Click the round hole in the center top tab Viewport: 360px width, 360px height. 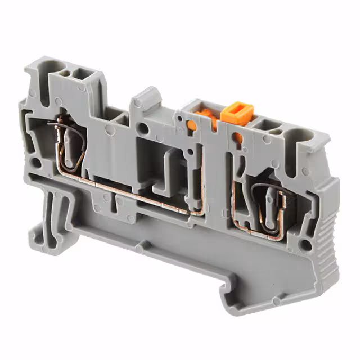[x=144, y=129]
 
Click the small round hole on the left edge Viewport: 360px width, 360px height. [x=36, y=164]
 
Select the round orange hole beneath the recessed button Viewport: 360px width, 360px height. [x=192, y=124]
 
